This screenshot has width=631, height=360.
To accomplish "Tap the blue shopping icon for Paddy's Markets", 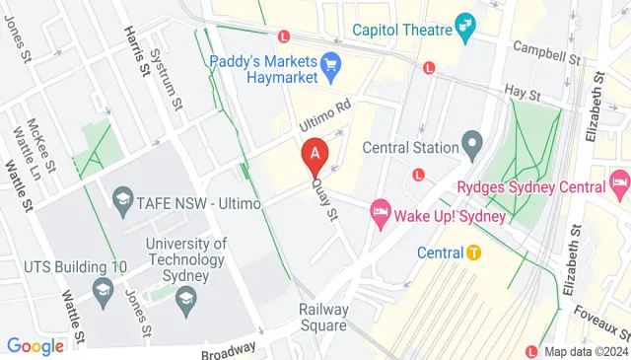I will click(331, 62).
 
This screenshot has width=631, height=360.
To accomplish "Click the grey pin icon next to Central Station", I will click(472, 147).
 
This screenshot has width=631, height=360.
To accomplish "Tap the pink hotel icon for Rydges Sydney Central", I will click(619, 181).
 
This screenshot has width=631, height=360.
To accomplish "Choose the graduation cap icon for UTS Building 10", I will click(102, 289).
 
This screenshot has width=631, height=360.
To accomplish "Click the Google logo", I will click(35, 346).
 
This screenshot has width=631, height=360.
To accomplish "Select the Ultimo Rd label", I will click(325, 119).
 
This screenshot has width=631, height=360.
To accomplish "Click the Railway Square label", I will click(324, 317).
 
